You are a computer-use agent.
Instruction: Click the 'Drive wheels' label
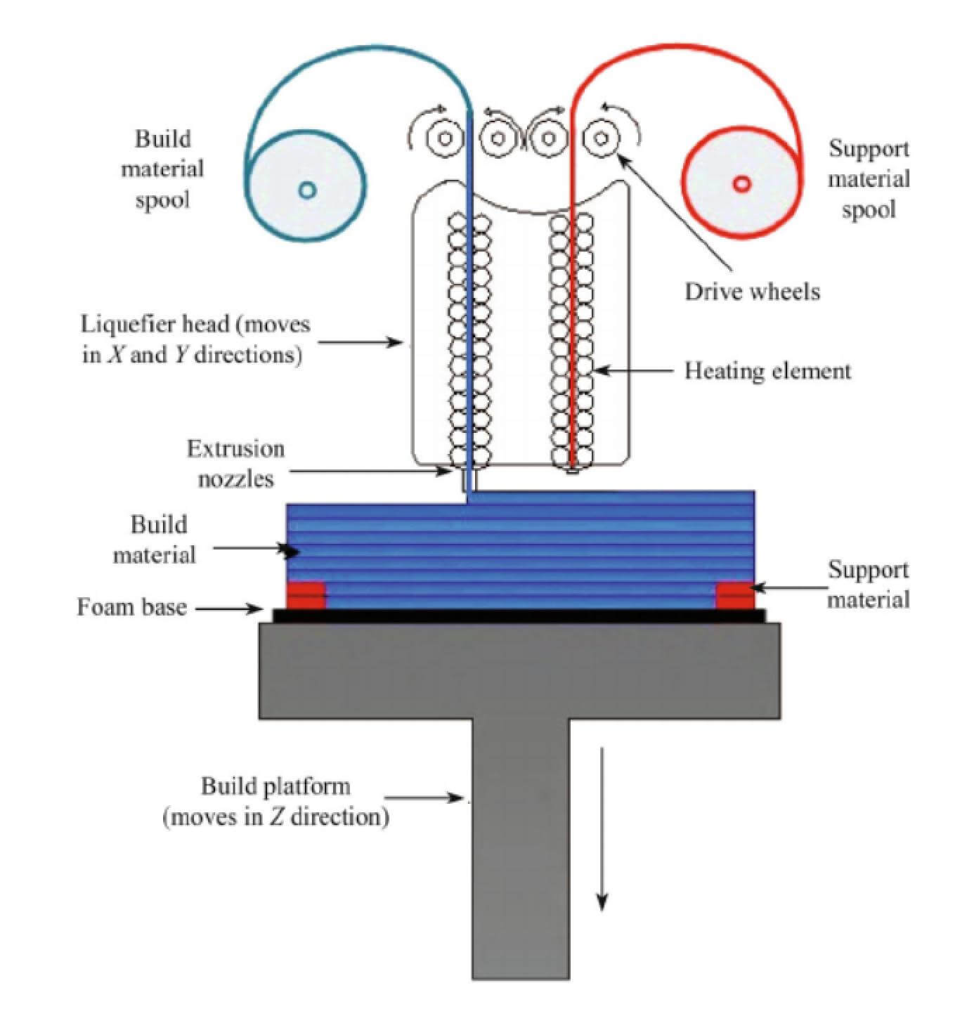(x=752, y=292)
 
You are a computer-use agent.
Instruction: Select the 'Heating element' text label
(x=767, y=371)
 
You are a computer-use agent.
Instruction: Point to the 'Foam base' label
(x=131, y=606)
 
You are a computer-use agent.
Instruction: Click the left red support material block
(x=306, y=594)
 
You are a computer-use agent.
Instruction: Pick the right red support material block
(x=734, y=594)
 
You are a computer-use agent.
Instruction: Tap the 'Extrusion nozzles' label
(x=236, y=464)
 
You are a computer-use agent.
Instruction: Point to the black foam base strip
(x=519, y=616)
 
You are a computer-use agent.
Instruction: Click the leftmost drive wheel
(x=444, y=138)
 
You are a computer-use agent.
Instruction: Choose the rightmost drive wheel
(x=601, y=138)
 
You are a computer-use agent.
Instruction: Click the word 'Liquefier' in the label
(x=122, y=325)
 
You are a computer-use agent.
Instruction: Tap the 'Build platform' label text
(x=275, y=786)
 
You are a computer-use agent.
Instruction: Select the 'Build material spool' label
(x=162, y=169)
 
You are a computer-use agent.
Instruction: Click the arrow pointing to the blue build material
(x=255, y=549)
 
